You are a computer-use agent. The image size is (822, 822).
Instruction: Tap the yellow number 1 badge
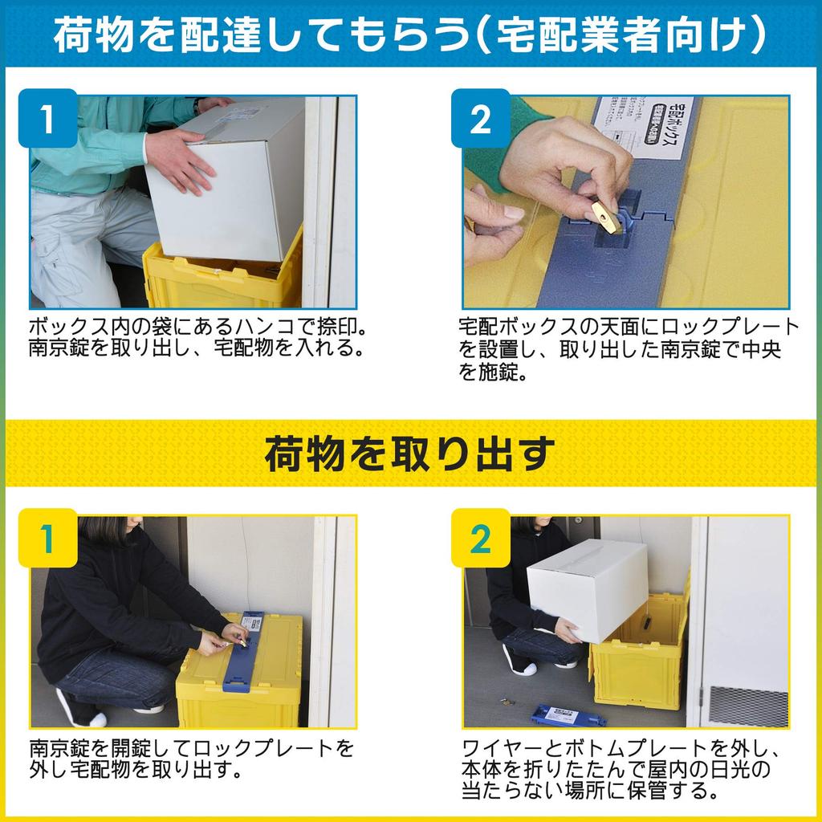click(x=47, y=539)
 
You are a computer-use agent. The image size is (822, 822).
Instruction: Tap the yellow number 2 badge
click(x=480, y=539)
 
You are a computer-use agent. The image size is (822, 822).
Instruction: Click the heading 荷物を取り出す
click(x=410, y=454)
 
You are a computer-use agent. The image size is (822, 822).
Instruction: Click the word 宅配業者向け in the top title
click(x=626, y=35)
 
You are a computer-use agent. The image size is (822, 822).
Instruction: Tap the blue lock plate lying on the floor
click(x=568, y=714)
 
